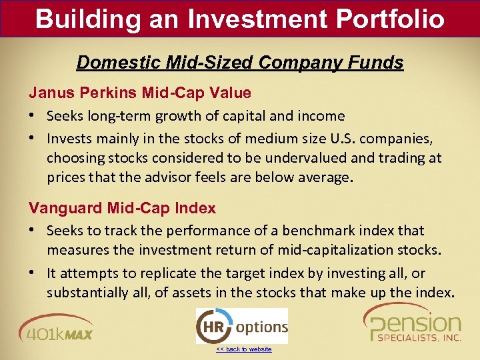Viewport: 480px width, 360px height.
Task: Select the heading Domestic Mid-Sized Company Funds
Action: [x=240, y=63]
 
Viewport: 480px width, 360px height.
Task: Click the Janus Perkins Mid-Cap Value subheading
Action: [x=139, y=93]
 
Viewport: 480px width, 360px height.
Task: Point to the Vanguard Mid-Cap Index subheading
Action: [x=122, y=208]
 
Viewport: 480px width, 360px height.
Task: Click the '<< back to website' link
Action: [x=243, y=349]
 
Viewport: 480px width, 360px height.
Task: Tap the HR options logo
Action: [x=241, y=326]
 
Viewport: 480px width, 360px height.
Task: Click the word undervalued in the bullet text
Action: [x=297, y=158]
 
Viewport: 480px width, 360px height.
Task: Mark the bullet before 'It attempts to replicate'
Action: [x=33, y=273]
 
